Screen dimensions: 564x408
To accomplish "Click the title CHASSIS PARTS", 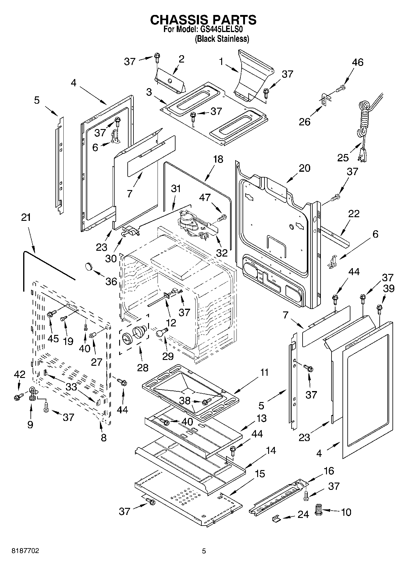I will coord(203,20).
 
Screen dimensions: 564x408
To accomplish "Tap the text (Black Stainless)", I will coord(222,39).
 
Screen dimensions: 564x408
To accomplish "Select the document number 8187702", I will coord(25,551).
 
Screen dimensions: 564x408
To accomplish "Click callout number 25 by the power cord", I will coord(343,158).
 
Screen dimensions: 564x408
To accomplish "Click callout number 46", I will coord(358,62).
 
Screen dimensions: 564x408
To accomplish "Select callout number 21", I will coord(26,217).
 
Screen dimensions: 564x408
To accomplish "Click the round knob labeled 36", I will coord(89,266).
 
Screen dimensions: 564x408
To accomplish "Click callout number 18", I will coord(218,159).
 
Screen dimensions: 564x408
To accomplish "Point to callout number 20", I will coord(304,168).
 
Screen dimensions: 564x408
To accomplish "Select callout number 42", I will coord(20,374).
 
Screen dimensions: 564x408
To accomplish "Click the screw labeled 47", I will coord(222,218).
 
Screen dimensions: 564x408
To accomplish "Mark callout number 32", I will coord(222,253).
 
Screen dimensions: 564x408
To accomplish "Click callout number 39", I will coord(388,288).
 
